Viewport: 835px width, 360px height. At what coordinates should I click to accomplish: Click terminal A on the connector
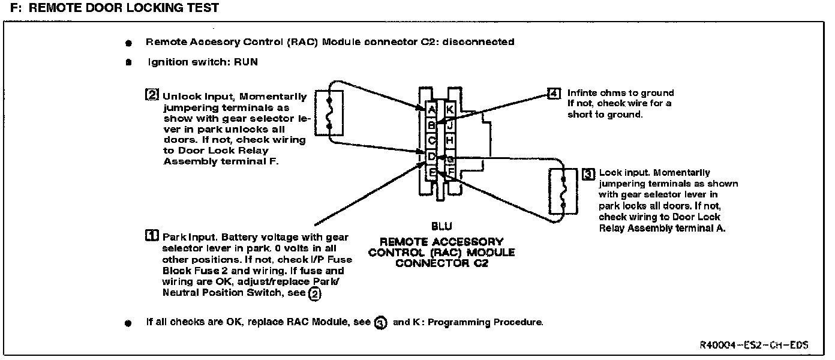tap(431, 109)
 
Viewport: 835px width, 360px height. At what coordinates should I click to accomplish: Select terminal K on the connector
tap(450, 109)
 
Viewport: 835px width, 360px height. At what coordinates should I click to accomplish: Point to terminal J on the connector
tap(450, 125)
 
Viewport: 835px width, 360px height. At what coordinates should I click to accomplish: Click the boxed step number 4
tap(554, 93)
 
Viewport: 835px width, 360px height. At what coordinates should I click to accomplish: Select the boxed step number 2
tap(152, 95)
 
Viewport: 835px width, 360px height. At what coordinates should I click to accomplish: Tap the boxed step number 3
tap(588, 173)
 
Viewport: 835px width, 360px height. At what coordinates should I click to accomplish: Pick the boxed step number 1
tap(152, 236)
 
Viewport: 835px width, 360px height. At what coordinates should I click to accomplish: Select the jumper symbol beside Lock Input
tap(563, 192)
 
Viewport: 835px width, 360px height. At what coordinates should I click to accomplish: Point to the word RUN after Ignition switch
tap(246, 62)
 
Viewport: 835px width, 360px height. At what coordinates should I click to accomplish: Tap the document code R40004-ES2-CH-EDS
tap(753, 346)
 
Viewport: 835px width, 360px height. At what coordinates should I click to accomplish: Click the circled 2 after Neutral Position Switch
tap(314, 293)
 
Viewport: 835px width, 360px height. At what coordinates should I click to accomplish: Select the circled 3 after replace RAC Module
tap(380, 323)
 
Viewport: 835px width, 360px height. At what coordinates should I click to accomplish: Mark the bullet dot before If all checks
tap(128, 323)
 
